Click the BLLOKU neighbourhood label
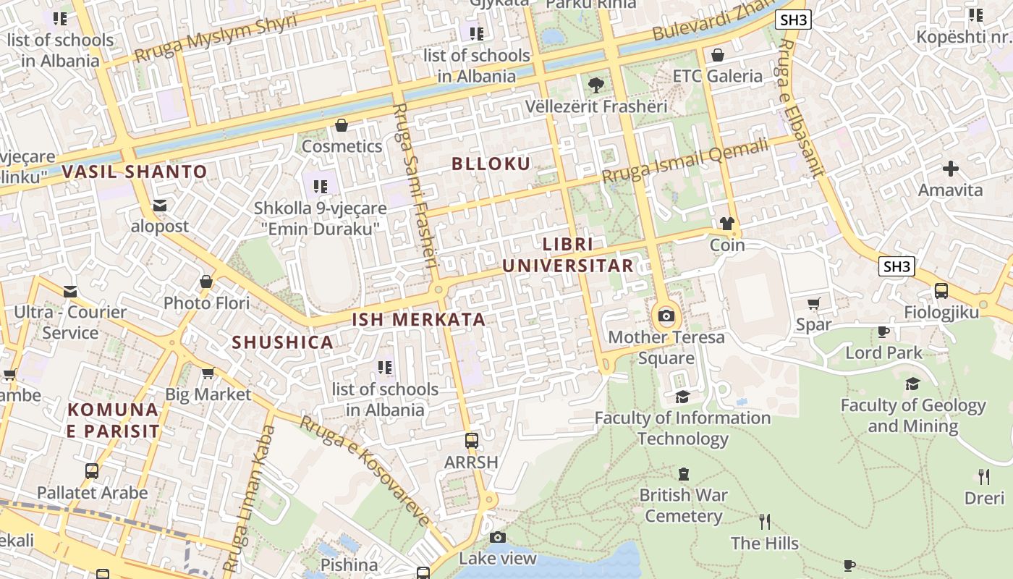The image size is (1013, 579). pos(491,164)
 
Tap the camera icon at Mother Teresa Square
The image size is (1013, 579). pos(666,316)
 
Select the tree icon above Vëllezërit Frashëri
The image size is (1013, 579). pos(595,85)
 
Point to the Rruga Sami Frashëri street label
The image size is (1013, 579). pos(415,185)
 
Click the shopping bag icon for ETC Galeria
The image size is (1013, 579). pos(718,55)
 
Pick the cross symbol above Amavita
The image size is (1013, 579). pos(951,169)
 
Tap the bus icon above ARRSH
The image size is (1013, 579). pos(472,440)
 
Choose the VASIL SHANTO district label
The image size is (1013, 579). pos(135,172)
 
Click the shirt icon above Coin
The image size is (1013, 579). pos(727,224)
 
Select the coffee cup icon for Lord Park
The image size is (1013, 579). pos(883,331)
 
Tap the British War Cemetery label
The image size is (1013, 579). pos(684,506)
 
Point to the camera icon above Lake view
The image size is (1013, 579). pos(498,537)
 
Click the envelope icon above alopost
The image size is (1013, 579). pos(160,206)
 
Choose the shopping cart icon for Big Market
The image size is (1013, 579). pos(208,373)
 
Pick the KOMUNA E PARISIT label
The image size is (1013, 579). pos(113,420)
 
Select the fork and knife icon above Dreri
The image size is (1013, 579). pos(983,476)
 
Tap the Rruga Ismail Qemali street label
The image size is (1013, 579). pos(684,161)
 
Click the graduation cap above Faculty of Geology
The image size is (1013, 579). pos(913,384)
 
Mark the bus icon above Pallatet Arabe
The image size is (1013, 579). pos(92,471)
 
